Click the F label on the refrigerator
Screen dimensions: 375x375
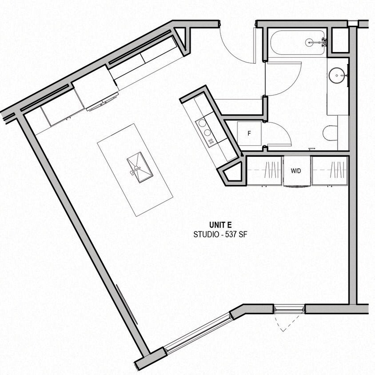click(249, 133)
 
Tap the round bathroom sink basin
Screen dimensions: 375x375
click(338, 75)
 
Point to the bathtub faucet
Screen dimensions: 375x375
click(321, 43)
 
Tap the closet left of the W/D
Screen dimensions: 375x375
click(265, 171)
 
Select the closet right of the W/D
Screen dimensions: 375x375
click(330, 171)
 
